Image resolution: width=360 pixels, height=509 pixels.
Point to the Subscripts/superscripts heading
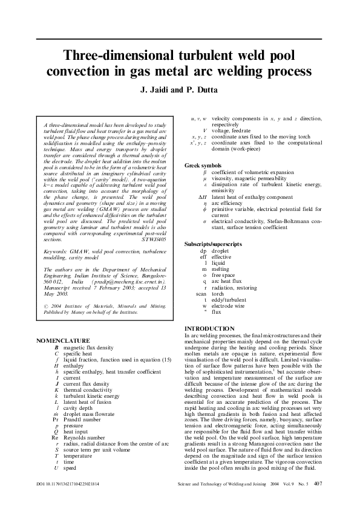[x=213, y=243]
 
